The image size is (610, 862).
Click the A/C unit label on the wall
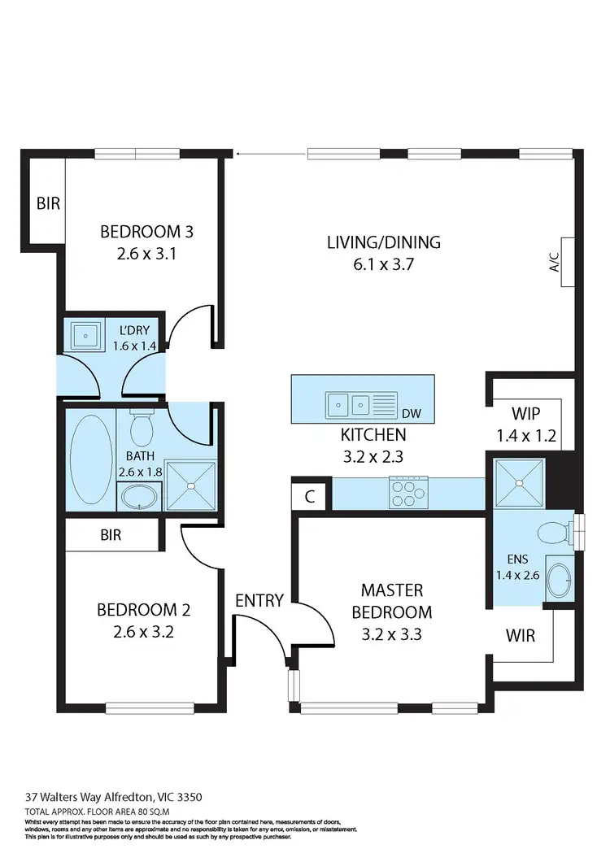pos(556,262)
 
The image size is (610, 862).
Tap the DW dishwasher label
pos(412,414)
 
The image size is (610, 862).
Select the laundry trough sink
pos(85,336)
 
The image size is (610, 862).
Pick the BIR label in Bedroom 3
pos(48,203)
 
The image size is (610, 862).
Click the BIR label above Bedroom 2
pos(111,536)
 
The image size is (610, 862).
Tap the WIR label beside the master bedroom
pos(521,635)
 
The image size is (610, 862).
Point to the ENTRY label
pos(259,601)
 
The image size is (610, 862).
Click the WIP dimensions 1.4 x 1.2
pos(525,436)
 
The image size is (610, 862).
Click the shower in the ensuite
pos(518,482)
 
